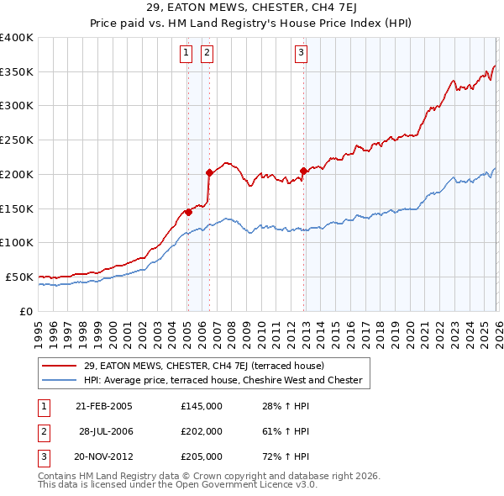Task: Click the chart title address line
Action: point(251,8)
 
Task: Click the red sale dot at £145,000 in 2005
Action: point(188,212)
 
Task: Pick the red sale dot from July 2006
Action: point(209,173)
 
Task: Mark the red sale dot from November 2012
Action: point(303,171)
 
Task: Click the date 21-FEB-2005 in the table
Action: point(104,406)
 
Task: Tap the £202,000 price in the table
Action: point(202,431)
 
